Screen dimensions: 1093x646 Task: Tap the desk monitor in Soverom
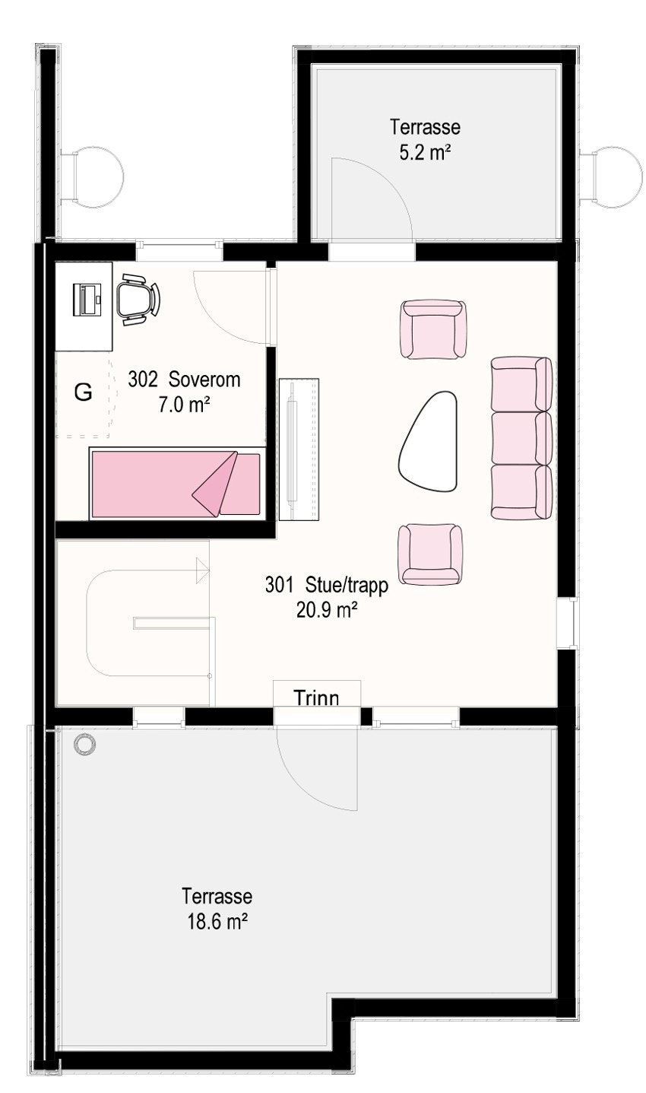[x=85, y=298]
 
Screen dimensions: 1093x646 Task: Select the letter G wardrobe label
[x=83, y=393]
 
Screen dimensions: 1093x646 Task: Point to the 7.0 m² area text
[x=184, y=405]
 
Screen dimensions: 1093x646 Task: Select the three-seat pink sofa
[x=521, y=438]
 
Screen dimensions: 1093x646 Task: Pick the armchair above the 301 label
[x=430, y=554]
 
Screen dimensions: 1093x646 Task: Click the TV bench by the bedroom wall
[x=299, y=449]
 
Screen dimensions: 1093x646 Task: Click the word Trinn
[x=316, y=697]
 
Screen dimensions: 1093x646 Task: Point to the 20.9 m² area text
[x=328, y=609]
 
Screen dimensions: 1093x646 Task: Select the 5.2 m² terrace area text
[x=426, y=151]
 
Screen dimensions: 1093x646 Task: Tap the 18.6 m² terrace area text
[x=217, y=922]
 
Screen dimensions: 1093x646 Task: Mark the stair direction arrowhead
[x=202, y=570]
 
